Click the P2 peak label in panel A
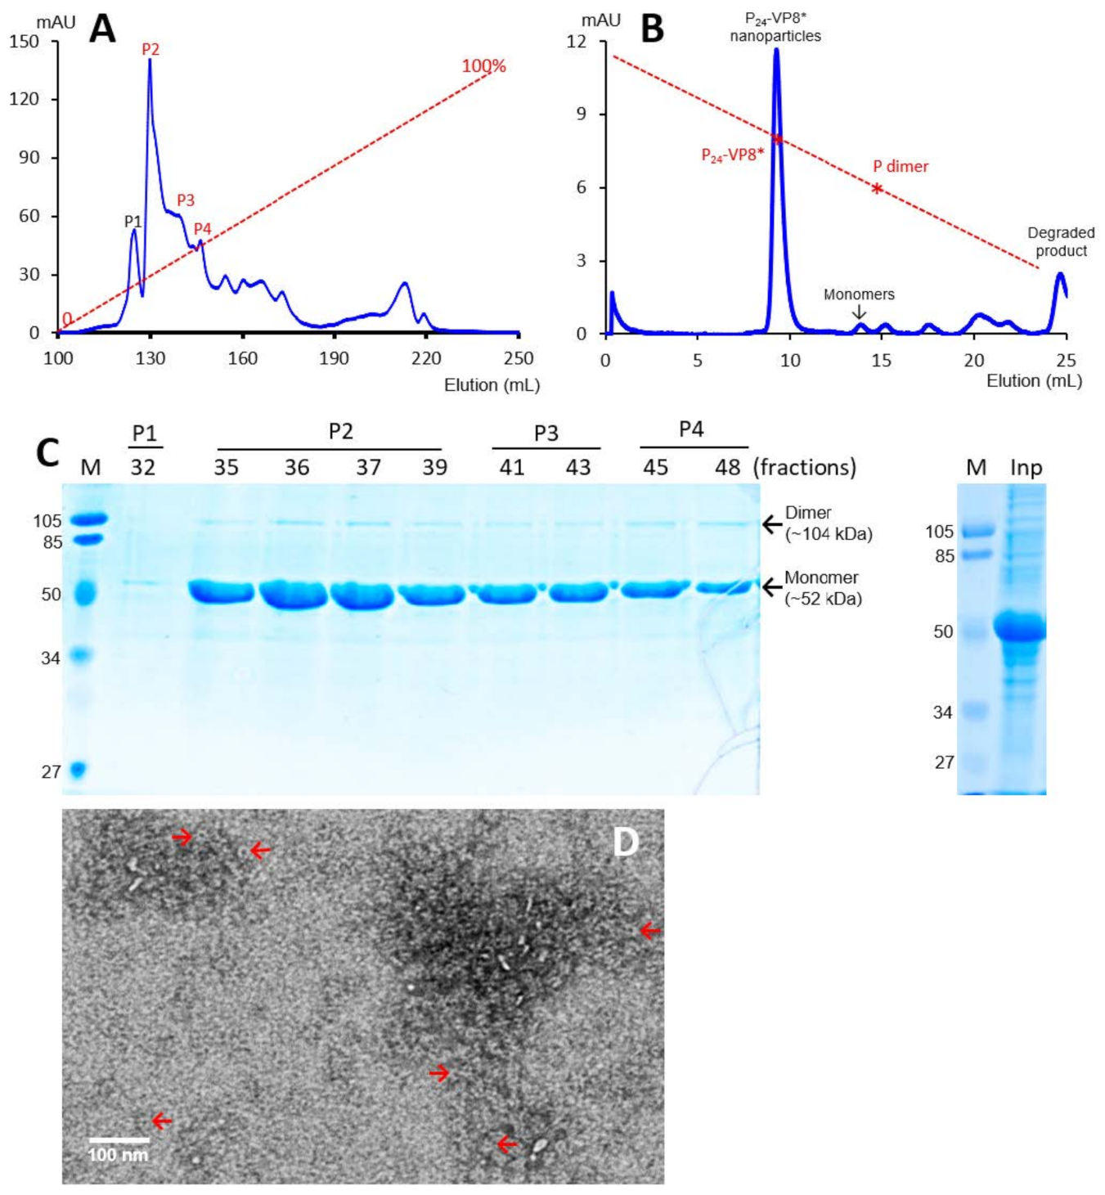point(150,49)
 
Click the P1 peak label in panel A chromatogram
point(133,221)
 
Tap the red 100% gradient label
point(483,66)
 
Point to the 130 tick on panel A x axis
point(150,358)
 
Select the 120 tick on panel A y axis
point(24,99)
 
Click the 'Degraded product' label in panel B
point(1061,242)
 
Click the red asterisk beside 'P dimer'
point(877,189)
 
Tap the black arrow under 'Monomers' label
point(858,312)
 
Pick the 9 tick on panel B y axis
point(582,114)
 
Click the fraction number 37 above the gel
point(368,467)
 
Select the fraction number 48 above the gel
point(727,467)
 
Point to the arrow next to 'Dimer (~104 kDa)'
point(771,523)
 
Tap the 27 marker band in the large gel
point(78,770)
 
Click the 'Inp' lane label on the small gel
point(1026,467)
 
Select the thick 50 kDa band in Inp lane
point(1020,629)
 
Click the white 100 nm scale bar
point(119,1139)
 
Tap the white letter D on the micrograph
point(626,842)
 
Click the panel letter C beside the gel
point(47,452)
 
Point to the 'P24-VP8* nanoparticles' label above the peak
point(775,28)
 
